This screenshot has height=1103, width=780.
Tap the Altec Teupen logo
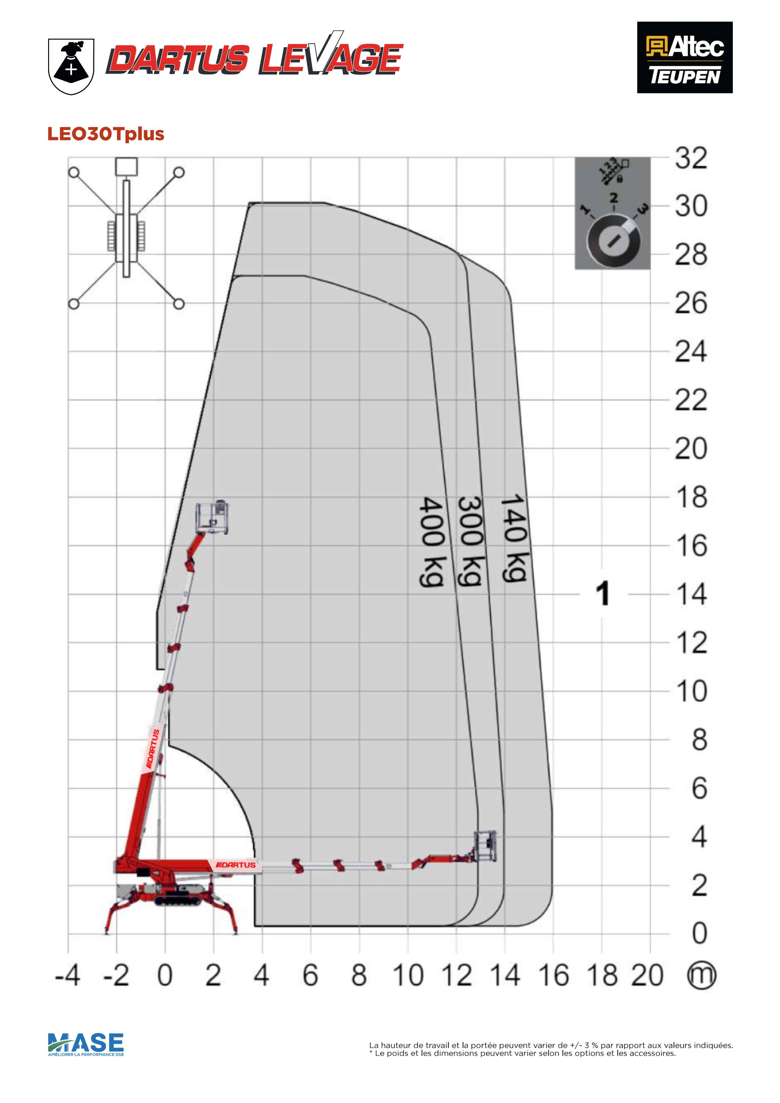click(x=684, y=57)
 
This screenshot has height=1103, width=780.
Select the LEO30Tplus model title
click(x=106, y=134)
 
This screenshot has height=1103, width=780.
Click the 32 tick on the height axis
click(x=691, y=158)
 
